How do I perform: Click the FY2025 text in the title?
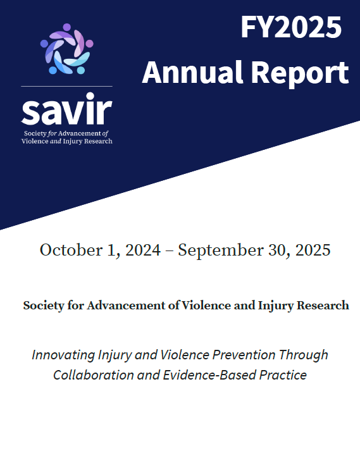(290, 28)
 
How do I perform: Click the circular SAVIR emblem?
(66, 49)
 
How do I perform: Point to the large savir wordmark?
(66, 111)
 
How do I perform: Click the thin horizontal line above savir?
(66, 86)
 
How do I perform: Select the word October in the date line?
(67, 250)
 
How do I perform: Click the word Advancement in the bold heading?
(119, 306)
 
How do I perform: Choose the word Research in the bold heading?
(321, 306)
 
